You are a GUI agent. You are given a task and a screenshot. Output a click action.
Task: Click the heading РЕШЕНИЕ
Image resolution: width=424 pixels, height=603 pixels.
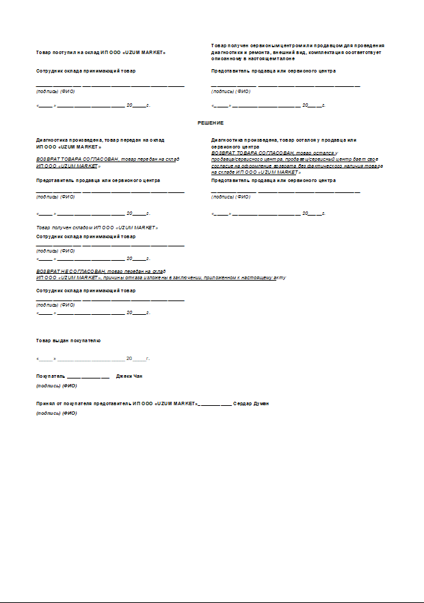click(x=211, y=123)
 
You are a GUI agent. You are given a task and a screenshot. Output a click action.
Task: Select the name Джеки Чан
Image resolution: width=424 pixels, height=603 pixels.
click(x=129, y=376)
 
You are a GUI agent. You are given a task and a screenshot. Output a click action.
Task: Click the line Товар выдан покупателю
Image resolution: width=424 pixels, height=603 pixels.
click(x=68, y=340)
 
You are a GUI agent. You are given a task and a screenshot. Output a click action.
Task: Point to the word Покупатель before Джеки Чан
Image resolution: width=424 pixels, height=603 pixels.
click(x=50, y=376)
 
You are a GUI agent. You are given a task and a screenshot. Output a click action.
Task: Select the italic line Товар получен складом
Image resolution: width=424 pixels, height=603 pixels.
click(x=97, y=227)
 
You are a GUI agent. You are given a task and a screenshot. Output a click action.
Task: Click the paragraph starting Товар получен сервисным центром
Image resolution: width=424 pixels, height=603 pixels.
click(x=297, y=52)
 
